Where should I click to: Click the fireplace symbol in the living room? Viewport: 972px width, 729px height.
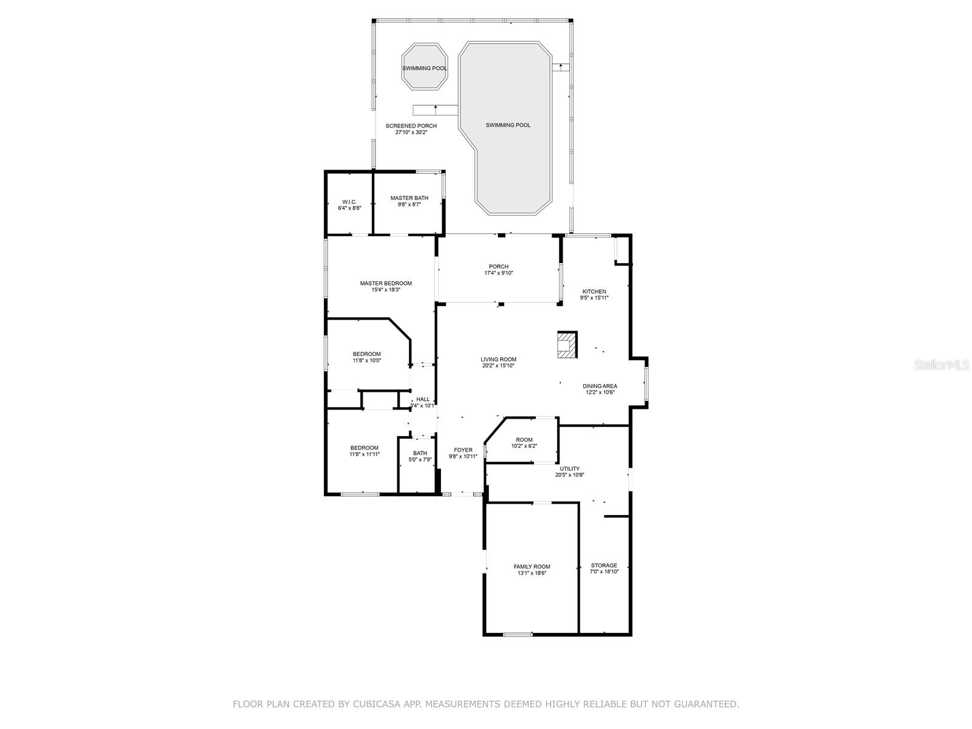pyautogui.click(x=566, y=344)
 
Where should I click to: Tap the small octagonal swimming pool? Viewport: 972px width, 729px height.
pyautogui.click(x=424, y=66)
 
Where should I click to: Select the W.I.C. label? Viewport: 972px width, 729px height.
pyautogui.click(x=349, y=202)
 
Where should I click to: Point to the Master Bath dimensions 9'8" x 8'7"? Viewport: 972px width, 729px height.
pyautogui.click(x=409, y=205)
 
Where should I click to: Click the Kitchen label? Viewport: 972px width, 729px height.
pyautogui.click(x=594, y=291)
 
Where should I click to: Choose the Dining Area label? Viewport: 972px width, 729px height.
pyautogui.click(x=600, y=386)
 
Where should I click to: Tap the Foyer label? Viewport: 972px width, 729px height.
pyautogui.click(x=463, y=450)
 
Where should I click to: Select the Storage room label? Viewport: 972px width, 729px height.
pyautogui.click(x=604, y=565)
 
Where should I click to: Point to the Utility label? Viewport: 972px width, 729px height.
pyautogui.click(x=569, y=469)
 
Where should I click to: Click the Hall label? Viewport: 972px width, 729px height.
pyautogui.click(x=422, y=399)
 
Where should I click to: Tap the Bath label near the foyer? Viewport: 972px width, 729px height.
pyautogui.click(x=420, y=453)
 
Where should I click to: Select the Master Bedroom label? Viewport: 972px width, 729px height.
pyautogui.click(x=386, y=283)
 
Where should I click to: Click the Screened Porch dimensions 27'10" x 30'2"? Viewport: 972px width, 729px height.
pyautogui.click(x=411, y=132)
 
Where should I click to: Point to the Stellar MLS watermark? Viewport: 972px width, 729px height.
pyautogui.click(x=942, y=364)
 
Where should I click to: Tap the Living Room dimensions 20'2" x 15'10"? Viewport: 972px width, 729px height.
pyautogui.click(x=498, y=366)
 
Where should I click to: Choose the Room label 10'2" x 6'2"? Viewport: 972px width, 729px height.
pyautogui.click(x=524, y=443)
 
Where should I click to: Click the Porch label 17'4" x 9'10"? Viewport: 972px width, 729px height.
pyautogui.click(x=499, y=270)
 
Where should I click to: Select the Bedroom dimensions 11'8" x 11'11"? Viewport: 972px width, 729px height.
pyautogui.click(x=364, y=454)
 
